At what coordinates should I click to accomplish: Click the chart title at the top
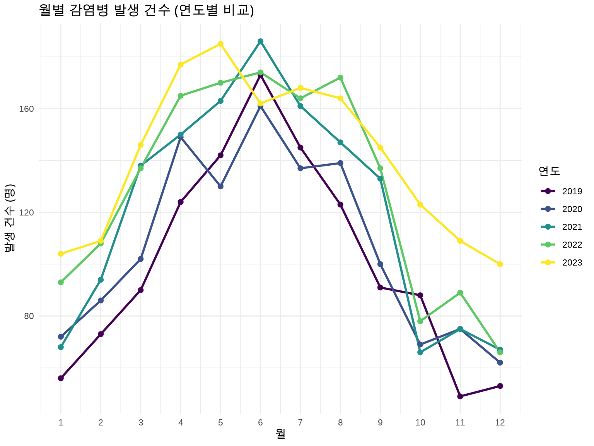(x=147, y=10)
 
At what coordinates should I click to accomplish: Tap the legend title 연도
(x=549, y=171)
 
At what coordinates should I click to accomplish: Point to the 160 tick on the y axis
(x=27, y=109)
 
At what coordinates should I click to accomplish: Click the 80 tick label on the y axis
(x=29, y=316)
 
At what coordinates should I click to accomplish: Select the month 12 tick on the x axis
(x=500, y=423)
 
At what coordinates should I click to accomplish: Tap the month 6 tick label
(x=261, y=423)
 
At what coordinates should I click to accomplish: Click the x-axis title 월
(x=281, y=434)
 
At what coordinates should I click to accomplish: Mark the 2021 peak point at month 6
(x=261, y=41)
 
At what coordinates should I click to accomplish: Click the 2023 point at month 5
(x=220, y=44)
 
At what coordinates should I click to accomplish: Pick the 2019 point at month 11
(x=460, y=396)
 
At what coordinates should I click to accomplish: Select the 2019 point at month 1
(x=61, y=378)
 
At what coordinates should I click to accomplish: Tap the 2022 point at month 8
(x=340, y=78)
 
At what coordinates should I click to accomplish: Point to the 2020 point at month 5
(x=220, y=186)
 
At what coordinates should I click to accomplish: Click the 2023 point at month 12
(x=500, y=264)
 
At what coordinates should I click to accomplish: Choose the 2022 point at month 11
(x=460, y=293)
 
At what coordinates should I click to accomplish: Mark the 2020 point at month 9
(x=380, y=264)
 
